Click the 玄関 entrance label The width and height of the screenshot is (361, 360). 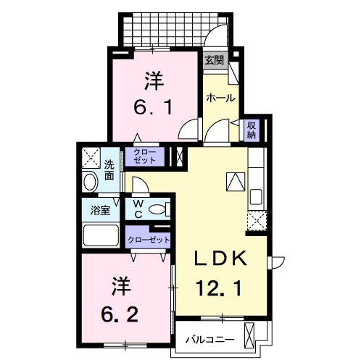coord(213,61)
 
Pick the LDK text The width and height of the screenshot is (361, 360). coord(221,259)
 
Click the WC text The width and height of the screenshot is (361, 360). coord(137,209)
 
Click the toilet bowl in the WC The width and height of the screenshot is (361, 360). coord(157,210)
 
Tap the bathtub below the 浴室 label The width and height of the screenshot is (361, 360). coord(101,236)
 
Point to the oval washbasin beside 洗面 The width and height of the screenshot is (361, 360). coord(90,182)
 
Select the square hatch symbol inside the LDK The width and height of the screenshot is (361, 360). coord(236,181)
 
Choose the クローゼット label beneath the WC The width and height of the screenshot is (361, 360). coord(148,238)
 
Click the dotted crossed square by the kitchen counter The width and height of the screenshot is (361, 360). coord(256,222)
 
